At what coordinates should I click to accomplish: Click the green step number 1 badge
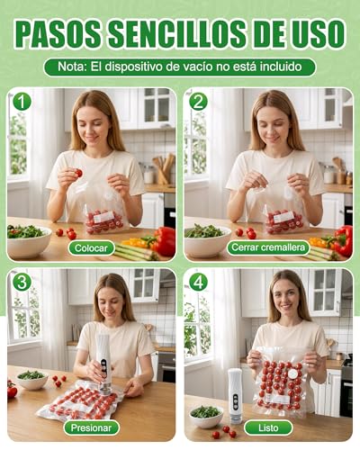(x=22, y=102)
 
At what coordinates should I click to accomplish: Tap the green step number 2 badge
(x=198, y=102)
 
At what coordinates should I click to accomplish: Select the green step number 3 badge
(x=22, y=282)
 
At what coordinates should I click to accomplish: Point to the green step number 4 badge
(x=198, y=282)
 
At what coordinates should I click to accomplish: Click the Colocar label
(x=91, y=248)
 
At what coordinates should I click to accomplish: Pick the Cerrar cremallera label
(x=268, y=247)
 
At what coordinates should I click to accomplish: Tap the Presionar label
(x=91, y=427)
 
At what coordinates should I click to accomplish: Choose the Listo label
(x=268, y=427)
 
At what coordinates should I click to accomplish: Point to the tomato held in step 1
(x=78, y=173)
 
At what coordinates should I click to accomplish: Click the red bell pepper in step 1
(x=164, y=241)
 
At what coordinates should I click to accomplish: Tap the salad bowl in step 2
(x=208, y=240)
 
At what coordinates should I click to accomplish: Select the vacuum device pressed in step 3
(x=104, y=364)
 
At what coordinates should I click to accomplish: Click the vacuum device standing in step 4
(x=235, y=396)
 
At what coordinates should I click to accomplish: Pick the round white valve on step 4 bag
(x=292, y=374)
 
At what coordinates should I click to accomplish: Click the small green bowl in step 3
(x=31, y=380)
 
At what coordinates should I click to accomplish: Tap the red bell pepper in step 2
(x=343, y=240)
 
